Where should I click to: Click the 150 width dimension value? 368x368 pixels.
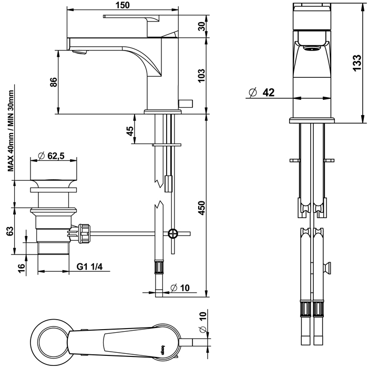coord(123,5)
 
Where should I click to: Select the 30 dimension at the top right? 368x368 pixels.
coord(201,27)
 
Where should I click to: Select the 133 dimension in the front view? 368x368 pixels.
coord(357,62)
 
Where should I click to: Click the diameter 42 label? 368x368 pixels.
coord(262,93)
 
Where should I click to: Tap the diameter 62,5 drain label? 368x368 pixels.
coord(52,156)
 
